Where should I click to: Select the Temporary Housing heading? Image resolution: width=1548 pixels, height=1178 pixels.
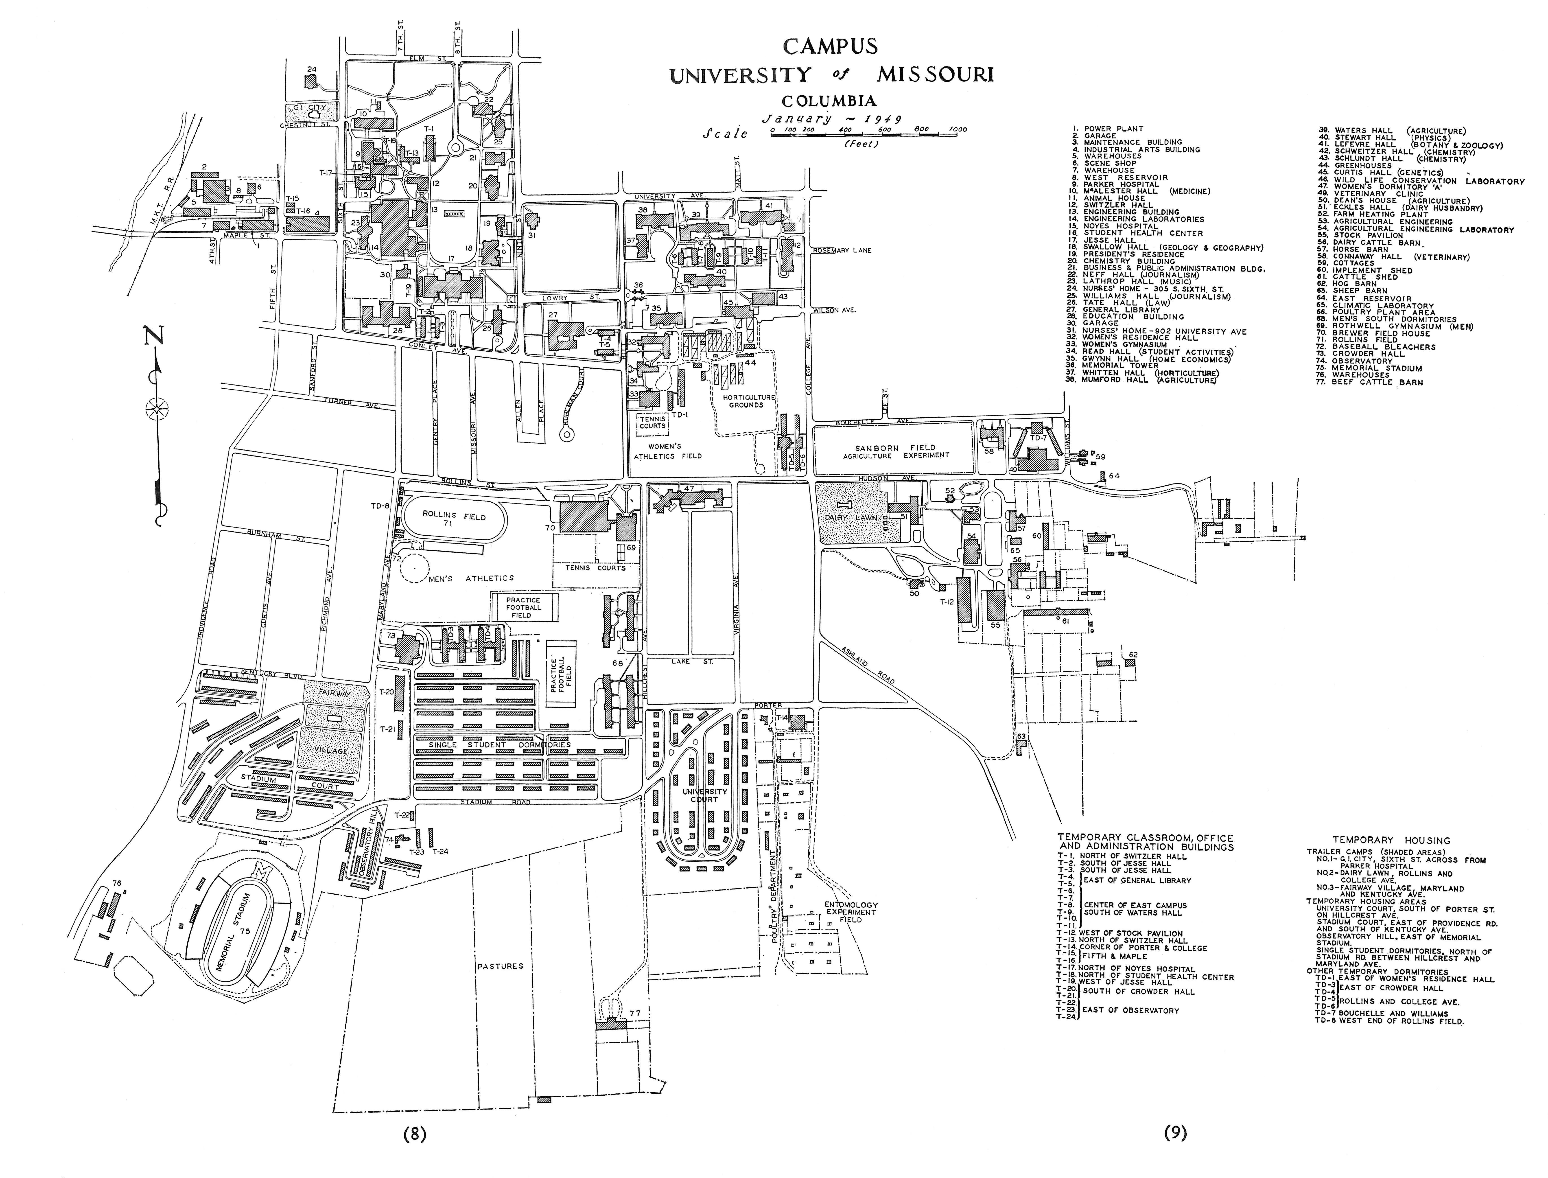[1391, 840]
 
